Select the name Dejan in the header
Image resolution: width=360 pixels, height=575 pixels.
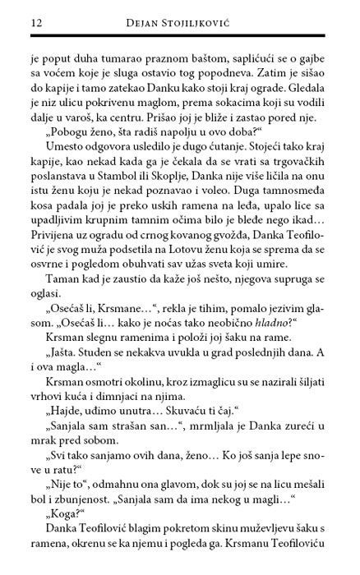(x=148, y=18)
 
